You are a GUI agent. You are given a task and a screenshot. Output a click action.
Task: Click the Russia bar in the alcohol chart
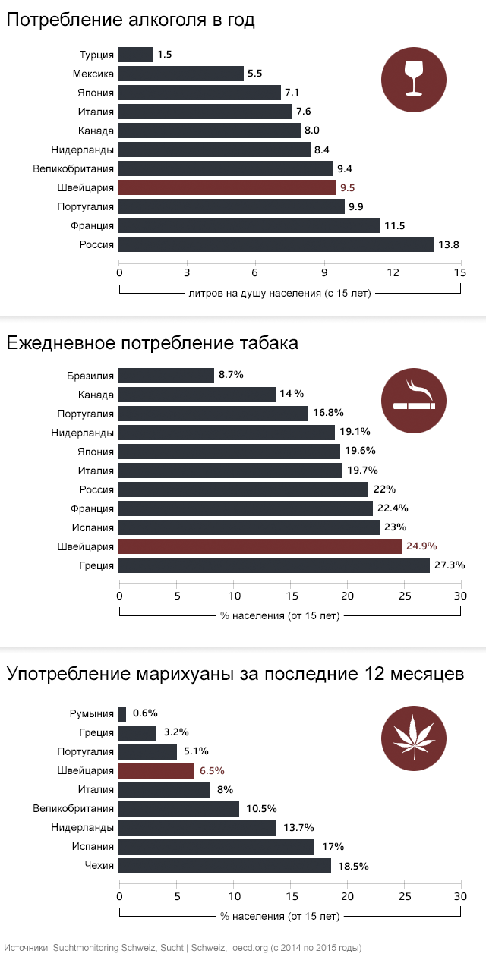tap(276, 244)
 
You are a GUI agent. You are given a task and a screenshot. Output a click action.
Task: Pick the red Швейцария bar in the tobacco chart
tap(260, 546)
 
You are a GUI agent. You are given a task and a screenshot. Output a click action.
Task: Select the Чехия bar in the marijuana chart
tap(225, 866)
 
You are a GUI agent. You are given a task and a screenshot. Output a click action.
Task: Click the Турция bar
tap(136, 55)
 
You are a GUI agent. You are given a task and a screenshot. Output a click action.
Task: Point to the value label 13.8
tap(448, 244)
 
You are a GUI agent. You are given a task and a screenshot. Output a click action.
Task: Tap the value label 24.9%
tap(423, 546)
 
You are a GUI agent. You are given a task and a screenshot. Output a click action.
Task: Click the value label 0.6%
tap(144, 713)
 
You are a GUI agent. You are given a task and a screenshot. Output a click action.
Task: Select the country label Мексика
tap(93, 74)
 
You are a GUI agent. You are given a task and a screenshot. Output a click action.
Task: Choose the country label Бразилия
tap(90, 376)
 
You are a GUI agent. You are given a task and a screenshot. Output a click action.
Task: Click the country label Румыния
tap(92, 713)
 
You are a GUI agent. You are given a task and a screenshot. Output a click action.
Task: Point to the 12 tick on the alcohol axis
tap(393, 272)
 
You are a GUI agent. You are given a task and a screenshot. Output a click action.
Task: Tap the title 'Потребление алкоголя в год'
tap(131, 20)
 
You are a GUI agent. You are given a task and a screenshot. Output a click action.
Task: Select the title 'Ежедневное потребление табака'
tap(152, 343)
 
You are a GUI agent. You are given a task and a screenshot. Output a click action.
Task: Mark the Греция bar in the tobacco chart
tap(274, 565)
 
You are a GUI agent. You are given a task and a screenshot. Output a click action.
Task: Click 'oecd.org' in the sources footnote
tap(250, 948)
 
